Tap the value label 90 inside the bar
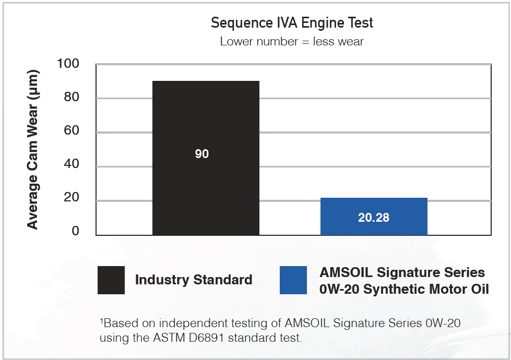click(x=202, y=154)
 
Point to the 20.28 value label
click(x=374, y=218)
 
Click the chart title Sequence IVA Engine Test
click(x=292, y=23)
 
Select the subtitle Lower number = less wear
click(x=292, y=41)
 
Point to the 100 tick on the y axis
click(x=68, y=64)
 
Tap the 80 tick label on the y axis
click(x=72, y=98)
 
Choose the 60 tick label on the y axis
click(x=72, y=131)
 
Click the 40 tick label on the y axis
click(x=72, y=165)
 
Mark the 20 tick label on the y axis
click(x=72, y=198)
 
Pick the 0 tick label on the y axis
click(x=75, y=231)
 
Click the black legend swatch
click(x=111, y=280)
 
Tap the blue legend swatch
click(x=293, y=280)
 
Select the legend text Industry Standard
click(x=194, y=280)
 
